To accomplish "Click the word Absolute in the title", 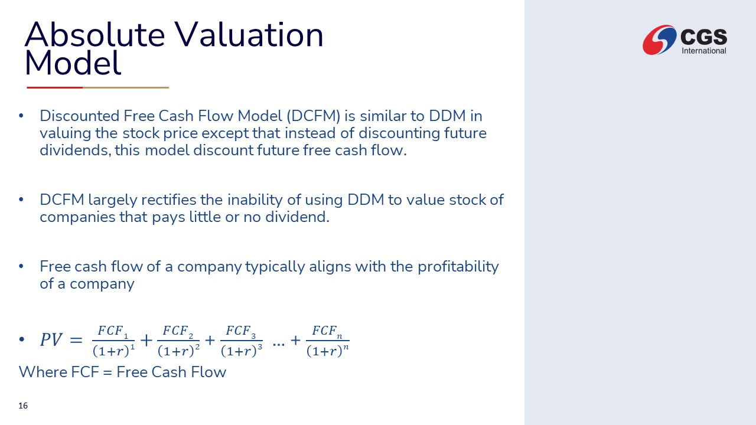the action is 95,34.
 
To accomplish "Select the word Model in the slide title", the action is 73,63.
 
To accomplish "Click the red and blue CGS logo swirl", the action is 660,40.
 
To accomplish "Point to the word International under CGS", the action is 704,51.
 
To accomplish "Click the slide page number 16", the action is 23,406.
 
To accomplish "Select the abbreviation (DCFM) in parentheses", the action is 313,116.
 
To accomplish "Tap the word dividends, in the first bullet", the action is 75,150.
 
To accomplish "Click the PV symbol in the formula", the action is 51,339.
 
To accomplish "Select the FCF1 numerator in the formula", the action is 113,331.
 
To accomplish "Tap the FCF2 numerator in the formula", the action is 178,331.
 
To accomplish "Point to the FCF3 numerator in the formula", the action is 241,331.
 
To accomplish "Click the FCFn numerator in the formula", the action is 327,331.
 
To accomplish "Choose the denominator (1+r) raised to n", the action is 327,351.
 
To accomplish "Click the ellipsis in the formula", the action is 278,344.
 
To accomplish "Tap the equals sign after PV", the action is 76,340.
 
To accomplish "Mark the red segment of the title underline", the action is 55,88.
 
